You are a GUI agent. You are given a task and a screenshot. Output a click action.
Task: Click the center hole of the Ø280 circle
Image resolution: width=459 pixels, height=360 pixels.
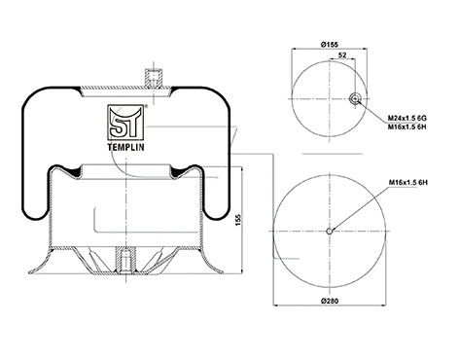coord(332,231)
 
